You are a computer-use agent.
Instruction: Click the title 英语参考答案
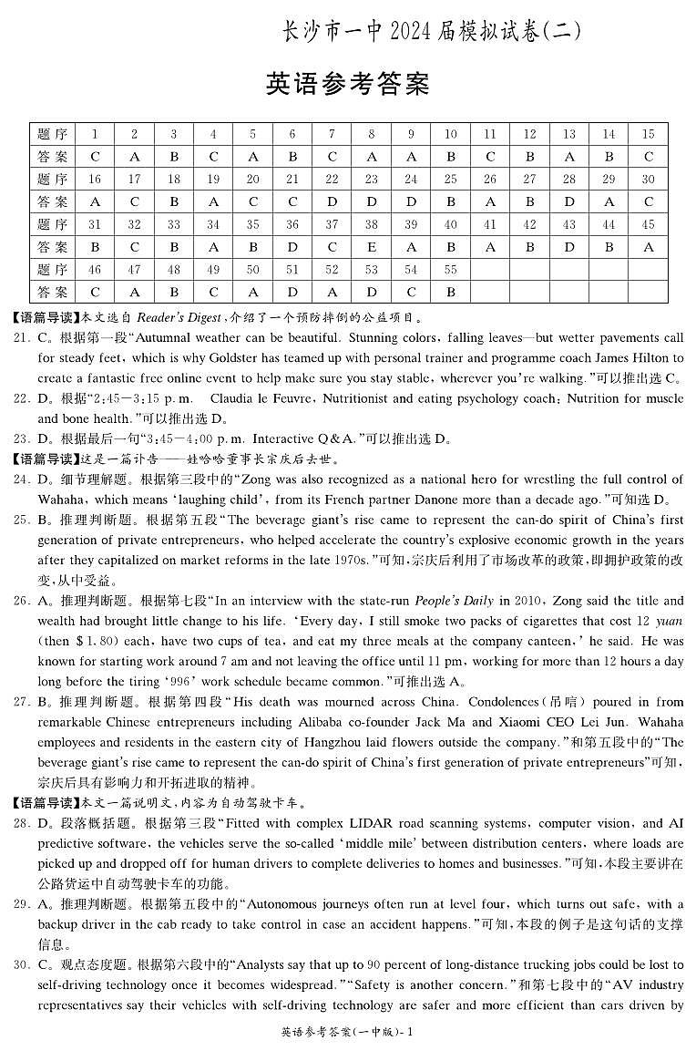(x=347, y=85)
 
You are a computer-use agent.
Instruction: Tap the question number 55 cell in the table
(x=450, y=270)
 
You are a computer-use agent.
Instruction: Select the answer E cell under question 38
(x=372, y=247)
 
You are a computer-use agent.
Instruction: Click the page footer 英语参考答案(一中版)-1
(x=348, y=1032)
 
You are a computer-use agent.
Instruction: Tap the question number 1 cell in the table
(x=95, y=134)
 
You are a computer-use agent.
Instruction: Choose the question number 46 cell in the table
(x=95, y=270)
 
